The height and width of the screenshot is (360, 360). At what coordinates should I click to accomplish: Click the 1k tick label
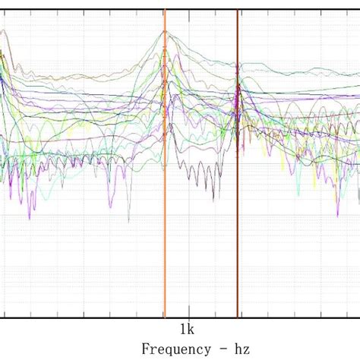point(186,329)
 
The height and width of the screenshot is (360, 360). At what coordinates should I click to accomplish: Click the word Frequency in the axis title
point(175,349)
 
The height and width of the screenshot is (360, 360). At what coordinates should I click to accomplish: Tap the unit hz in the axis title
point(241,349)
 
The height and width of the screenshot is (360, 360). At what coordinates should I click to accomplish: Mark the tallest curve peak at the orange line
point(165,33)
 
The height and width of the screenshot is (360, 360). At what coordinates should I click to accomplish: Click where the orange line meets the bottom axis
point(165,317)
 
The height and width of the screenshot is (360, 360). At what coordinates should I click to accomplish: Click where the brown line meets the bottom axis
point(237,317)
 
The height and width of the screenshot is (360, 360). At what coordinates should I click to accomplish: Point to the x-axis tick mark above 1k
point(186,315)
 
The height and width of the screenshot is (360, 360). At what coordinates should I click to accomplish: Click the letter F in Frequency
point(145,349)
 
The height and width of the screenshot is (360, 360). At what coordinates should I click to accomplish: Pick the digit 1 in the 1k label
point(182,329)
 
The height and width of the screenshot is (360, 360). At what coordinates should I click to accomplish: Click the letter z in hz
point(245,349)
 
